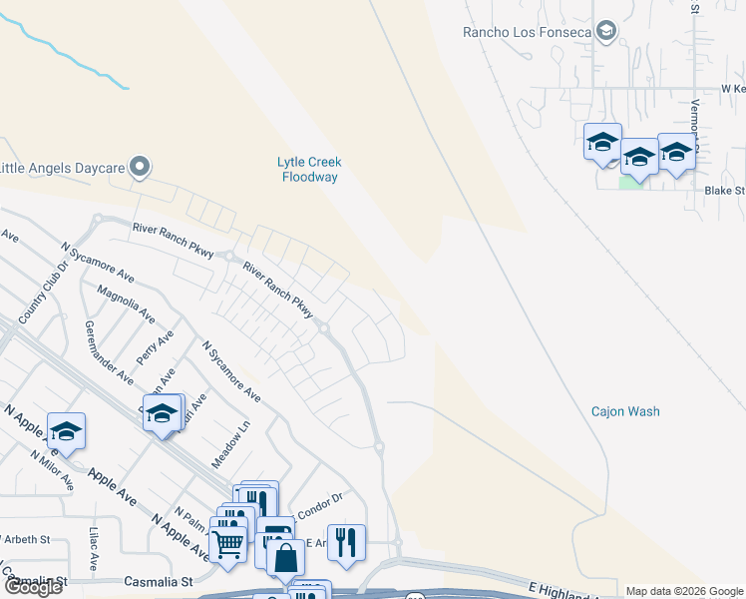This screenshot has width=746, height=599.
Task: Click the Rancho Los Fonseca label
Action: coord(528,32)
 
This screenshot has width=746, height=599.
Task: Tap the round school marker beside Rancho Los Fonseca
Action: coord(605,32)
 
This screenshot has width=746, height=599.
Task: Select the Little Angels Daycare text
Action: coord(62,167)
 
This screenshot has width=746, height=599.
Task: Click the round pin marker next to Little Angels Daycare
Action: coord(141,167)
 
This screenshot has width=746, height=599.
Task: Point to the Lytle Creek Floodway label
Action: coord(308,170)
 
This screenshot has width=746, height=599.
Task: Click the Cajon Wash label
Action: coord(625,411)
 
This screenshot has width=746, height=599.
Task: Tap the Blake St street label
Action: coord(725,190)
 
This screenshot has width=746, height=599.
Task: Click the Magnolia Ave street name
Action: coord(127,303)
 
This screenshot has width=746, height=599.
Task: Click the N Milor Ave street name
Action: coord(52,469)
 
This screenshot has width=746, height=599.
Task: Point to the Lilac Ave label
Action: coord(93,549)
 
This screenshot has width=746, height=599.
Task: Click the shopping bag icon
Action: coord(285,556)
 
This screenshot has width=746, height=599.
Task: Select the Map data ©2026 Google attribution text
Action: coord(683,591)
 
